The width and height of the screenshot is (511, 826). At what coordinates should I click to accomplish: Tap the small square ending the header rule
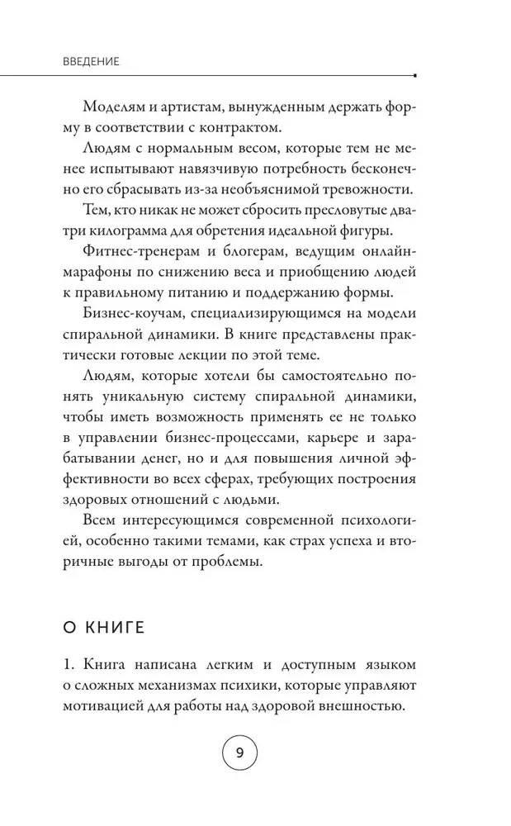(413, 75)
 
